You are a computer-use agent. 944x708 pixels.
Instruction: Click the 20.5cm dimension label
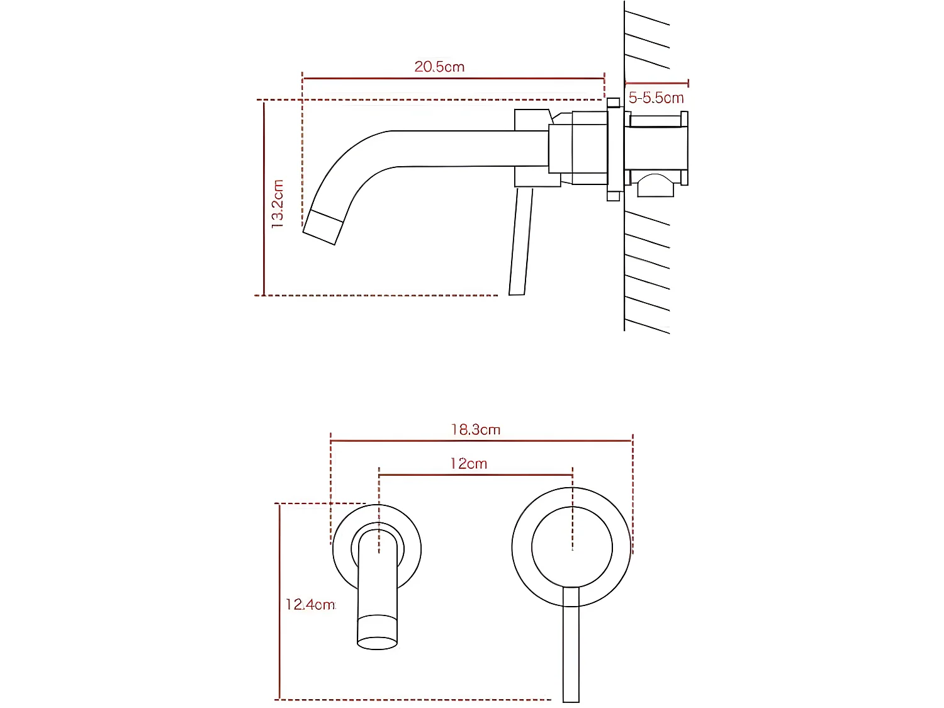click(x=439, y=67)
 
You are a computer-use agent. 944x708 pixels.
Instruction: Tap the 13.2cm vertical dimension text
click(x=278, y=203)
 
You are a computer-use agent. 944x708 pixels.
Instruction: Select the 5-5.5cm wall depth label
click(x=656, y=98)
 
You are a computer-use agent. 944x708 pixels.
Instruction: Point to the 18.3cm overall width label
click(x=476, y=430)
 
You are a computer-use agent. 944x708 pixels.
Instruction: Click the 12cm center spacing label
click(x=469, y=464)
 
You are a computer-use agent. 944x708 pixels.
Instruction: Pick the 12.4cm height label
click(x=310, y=605)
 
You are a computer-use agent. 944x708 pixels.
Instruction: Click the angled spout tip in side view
click(x=323, y=227)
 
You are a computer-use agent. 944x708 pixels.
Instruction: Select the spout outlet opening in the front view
click(x=377, y=643)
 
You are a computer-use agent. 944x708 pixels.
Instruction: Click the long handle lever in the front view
click(x=571, y=648)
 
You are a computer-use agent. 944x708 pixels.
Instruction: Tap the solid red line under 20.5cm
click(x=453, y=79)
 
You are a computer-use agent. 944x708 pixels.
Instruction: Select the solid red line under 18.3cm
click(x=481, y=441)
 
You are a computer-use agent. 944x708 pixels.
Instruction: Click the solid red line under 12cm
click(x=476, y=475)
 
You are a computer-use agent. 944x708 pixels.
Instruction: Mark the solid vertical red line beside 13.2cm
click(x=264, y=198)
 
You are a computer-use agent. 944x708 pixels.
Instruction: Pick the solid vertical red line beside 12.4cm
click(x=279, y=601)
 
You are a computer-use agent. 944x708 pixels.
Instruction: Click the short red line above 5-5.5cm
click(x=656, y=83)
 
